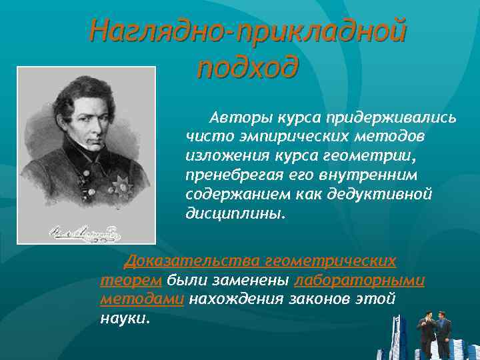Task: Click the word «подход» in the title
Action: [x=247, y=67]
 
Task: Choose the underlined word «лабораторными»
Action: [x=359, y=280]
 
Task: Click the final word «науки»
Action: [x=124, y=318]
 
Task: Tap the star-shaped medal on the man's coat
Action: [x=121, y=183]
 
